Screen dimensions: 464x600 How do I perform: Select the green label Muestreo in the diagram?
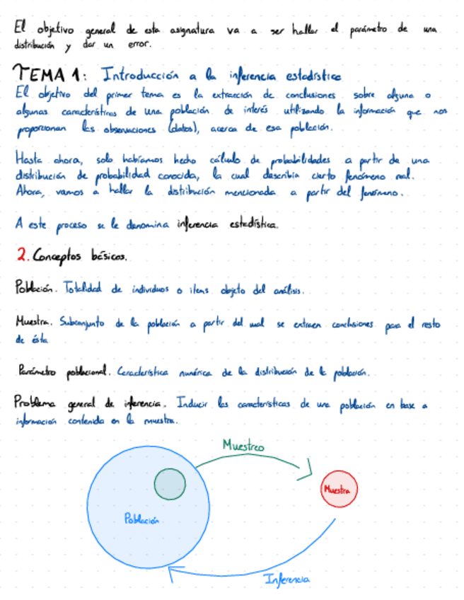tap(243, 446)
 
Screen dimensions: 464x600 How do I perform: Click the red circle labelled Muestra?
tap(338, 489)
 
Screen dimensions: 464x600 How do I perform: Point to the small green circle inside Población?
tap(170, 484)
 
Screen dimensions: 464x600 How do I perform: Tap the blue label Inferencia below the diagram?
tap(286, 580)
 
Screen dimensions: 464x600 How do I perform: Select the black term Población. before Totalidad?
tap(34, 289)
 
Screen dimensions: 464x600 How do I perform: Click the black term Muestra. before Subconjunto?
tap(33, 323)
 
